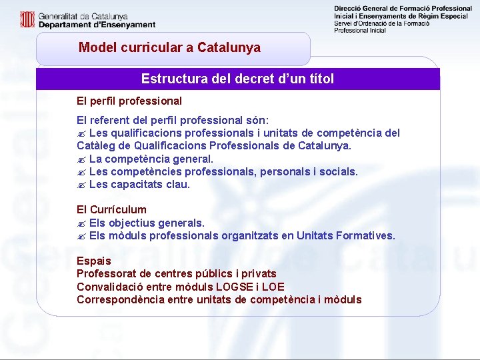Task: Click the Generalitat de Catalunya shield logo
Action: [27, 19]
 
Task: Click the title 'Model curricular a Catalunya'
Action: [169, 48]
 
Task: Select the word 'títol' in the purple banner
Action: [318, 79]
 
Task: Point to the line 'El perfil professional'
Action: [129, 101]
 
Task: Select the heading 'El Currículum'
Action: [111, 209]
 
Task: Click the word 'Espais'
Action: [94, 261]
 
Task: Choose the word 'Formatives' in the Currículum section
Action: [366, 235]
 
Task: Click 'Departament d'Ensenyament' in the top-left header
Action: [97, 25]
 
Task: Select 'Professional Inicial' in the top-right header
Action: [360, 31]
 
